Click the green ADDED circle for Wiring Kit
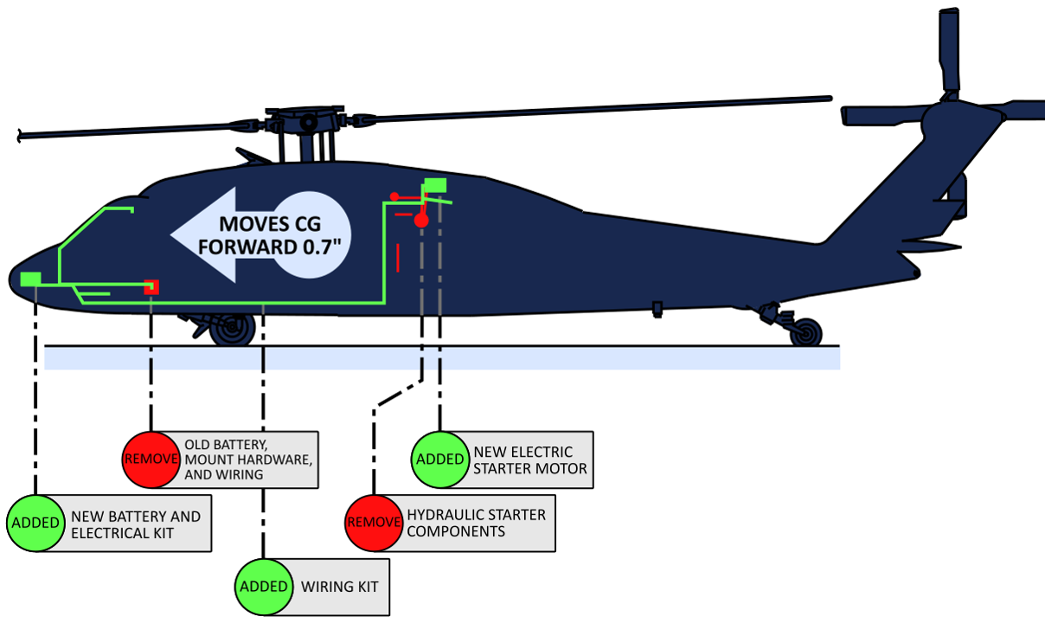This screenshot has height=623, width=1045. (263, 587)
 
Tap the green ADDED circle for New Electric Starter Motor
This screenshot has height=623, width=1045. (440, 459)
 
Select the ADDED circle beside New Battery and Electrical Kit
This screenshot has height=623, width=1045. (35, 523)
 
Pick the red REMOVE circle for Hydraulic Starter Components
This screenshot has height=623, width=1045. (374, 523)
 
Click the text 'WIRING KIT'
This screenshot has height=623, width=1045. (340, 587)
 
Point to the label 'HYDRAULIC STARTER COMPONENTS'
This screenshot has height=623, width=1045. (476, 523)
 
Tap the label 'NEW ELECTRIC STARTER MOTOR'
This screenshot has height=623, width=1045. (530, 459)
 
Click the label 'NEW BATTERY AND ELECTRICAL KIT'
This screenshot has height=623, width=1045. (135, 524)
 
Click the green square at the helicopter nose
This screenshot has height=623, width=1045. (30, 279)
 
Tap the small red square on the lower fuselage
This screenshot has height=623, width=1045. (151, 286)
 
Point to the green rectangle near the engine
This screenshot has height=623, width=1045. (435, 184)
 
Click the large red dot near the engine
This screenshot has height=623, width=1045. (421, 221)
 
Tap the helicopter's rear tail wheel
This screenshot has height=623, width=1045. (806, 331)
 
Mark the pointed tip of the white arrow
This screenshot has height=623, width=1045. (171, 234)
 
